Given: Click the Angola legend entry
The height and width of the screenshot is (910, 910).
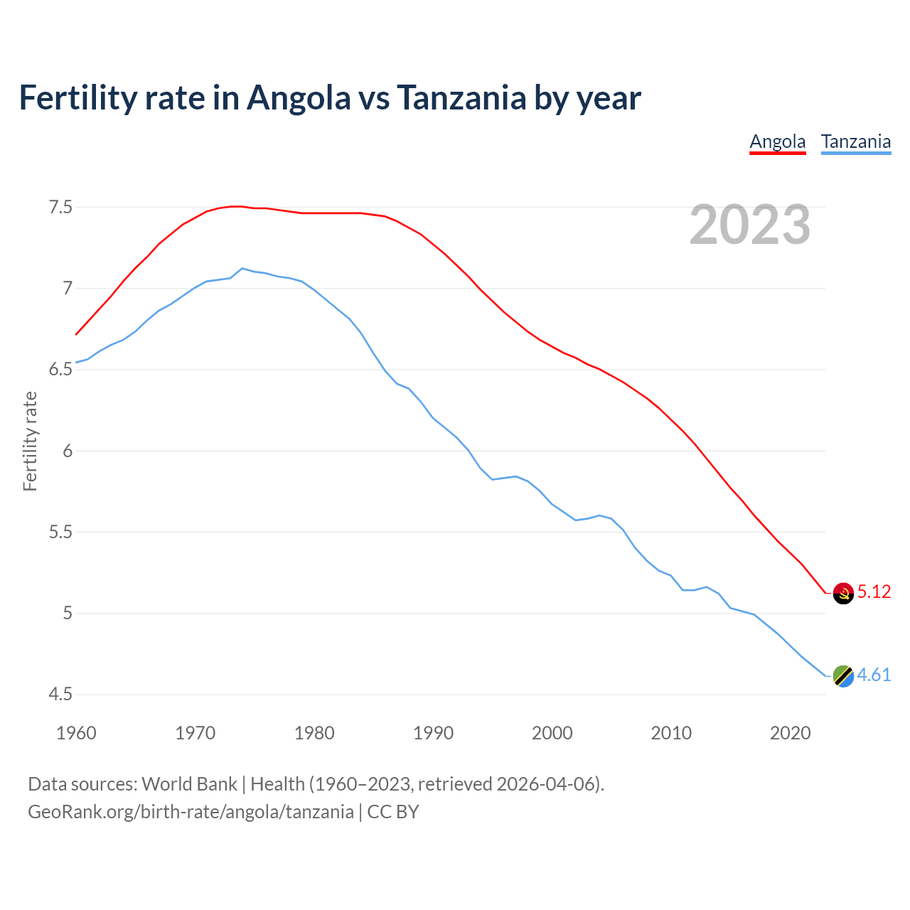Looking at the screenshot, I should tap(778, 141).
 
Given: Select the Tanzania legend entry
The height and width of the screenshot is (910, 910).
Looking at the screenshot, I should tap(856, 141).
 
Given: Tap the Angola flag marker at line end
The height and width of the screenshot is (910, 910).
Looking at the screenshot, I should tap(843, 593).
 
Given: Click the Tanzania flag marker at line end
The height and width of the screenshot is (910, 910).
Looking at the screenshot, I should tap(843, 675).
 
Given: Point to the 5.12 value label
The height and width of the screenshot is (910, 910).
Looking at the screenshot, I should tap(874, 592).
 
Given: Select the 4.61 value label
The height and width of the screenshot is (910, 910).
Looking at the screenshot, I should tap(874, 675).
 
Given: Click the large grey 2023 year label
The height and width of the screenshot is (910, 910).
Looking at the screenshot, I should tap(750, 225).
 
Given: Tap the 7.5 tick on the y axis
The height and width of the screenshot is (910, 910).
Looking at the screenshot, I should tap(60, 208).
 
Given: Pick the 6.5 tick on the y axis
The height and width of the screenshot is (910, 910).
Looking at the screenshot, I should tap(60, 370).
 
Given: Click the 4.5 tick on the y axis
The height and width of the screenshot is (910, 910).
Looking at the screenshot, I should tap(60, 695).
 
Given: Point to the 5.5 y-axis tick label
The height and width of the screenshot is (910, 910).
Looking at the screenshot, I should tap(60, 532).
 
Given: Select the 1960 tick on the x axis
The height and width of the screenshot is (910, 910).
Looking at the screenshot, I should tap(76, 733).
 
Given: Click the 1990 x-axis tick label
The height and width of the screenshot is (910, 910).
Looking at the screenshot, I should tap(433, 733).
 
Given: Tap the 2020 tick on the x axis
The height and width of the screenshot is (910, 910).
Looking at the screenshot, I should tap(790, 733).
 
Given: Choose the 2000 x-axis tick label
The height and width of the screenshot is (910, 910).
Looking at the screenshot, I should tap(552, 733).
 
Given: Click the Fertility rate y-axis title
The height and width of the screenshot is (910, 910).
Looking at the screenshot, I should tap(30, 441).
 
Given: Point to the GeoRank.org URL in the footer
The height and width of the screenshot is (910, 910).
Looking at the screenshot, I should tap(191, 812).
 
